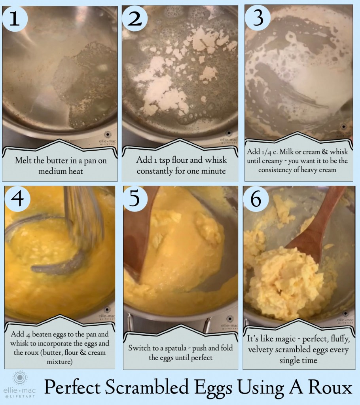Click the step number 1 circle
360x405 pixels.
tap(15, 18)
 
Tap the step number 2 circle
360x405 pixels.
tap(135, 18)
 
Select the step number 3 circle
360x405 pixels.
tap(258, 17)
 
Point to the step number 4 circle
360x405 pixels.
tap(17, 198)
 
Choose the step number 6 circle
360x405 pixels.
tap(256, 199)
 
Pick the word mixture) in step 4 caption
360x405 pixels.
tap(59, 361)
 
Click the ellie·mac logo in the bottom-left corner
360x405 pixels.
tap(20, 384)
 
